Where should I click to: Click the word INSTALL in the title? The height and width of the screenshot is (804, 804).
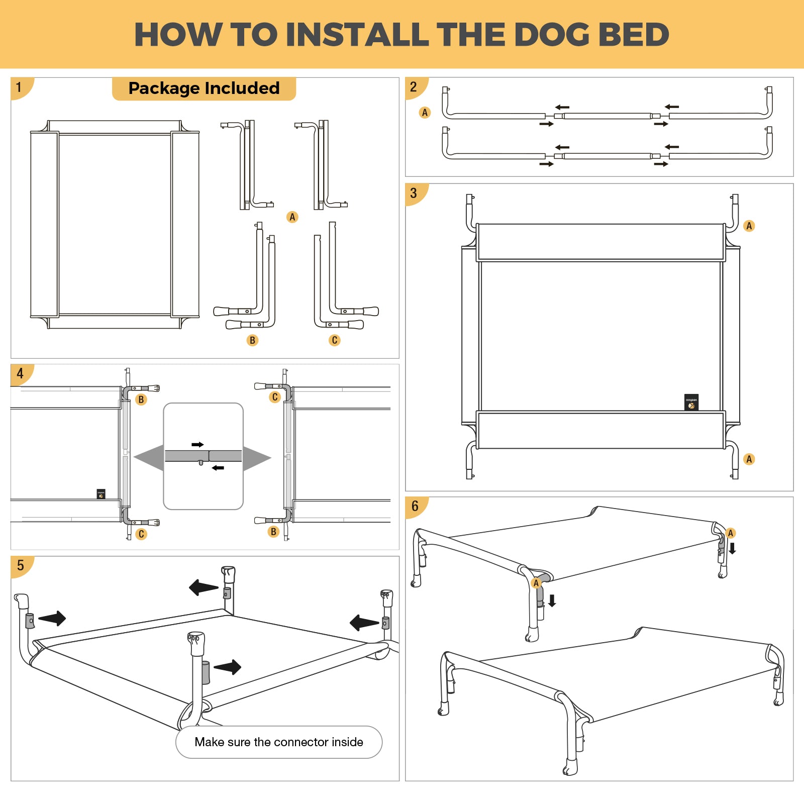(x=357, y=35)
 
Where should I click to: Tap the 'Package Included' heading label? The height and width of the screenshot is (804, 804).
(x=204, y=88)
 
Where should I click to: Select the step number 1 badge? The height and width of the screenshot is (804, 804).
(x=19, y=87)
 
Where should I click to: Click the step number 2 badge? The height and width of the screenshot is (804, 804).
(x=414, y=87)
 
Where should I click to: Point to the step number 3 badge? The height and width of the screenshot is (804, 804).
(x=414, y=193)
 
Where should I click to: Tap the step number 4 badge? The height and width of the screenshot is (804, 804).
(x=20, y=374)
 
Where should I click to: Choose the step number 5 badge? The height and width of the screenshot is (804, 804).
(x=20, y=566)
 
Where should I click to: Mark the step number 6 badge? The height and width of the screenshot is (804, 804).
(x=415, y=507)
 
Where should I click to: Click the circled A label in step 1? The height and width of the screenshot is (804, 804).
(x=292, y=217)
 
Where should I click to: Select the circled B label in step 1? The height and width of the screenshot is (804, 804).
(x=253, y=341)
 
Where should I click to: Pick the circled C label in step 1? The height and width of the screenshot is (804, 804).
(x=335, y=341)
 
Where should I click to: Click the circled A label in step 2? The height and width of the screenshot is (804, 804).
(x=425, y=113)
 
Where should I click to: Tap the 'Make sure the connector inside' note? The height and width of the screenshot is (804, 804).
(x=279, y=742)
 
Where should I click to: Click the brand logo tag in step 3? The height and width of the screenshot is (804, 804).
(x=691, y=402)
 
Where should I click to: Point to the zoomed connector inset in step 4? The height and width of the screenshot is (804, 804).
(x=204, y=456)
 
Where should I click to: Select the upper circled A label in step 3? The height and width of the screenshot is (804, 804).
(x=749, y=226)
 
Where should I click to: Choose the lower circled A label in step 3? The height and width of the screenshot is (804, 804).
(x=749, y=459)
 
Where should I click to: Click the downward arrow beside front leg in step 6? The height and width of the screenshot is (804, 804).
(x=552, y=600)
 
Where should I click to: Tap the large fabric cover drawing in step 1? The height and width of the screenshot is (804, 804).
(x=115, y=225)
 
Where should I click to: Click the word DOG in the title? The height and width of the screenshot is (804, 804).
(x=551, y=35)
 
